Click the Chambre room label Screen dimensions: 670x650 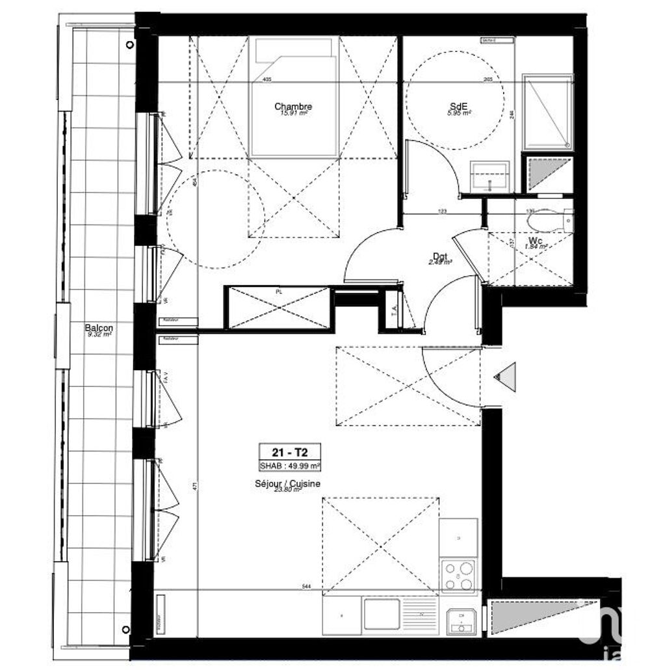[293, 107]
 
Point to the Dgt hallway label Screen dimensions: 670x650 [441, 256]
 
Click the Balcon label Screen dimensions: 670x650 [98, 328]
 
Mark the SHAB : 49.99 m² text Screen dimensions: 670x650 [291, 464]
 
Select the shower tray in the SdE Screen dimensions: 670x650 [548, 112]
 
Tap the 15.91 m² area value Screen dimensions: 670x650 [293, 113]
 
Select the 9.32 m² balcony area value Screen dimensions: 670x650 [99, 335]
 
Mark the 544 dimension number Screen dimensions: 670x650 [306, 586]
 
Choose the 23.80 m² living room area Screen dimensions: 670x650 [288, 490]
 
